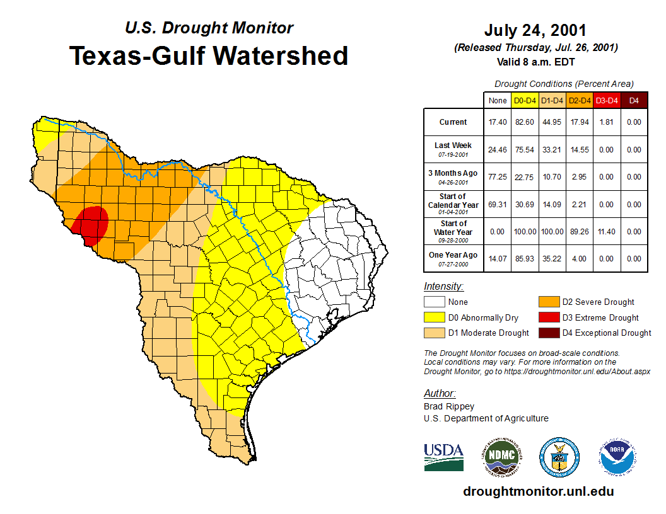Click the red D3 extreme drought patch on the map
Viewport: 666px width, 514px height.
[x=92, y=224]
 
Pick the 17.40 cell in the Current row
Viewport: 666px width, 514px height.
[x=498, y=122]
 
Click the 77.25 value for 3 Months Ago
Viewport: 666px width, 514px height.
[x=498, y=177]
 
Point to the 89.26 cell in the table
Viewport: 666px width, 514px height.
[x=579, y=231]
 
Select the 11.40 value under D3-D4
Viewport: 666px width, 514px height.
[x=607, y=231]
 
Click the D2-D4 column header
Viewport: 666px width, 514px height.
[x=579, y=100]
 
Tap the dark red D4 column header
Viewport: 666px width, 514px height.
[x=634, y=100]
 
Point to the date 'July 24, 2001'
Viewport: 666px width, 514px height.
[x=535, y=30]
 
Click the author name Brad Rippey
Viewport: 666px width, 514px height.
[x=449, y=406]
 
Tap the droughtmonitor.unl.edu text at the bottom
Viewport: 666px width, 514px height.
[x=538, y=491]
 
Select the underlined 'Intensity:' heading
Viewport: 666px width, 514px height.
[x=443, y=287]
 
